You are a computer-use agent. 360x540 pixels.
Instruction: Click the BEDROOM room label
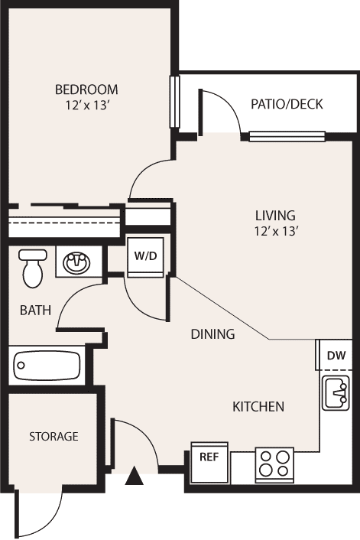click(x=86, y=89)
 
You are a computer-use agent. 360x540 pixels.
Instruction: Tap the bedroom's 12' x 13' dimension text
click(x=87, y=106)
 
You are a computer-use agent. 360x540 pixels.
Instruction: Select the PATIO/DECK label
click(x=287, y=104)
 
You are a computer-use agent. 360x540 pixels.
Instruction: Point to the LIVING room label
click(x=275, y=216)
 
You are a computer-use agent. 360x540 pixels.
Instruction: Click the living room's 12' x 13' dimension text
click(x=275, y=231)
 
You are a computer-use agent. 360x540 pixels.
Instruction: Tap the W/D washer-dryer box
click(x=145, y=257)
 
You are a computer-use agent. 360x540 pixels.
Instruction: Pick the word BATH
click(x=35, y=311)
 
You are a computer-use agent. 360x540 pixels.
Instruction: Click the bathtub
click(x=47, y=366)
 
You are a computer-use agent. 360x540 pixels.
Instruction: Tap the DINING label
click(x=212, y=334)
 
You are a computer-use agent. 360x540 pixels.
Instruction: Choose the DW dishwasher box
click(x=334, y=355)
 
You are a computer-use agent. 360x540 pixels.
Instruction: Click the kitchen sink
click(x=336, y=392)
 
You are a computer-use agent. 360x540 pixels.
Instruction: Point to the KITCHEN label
click(x=258, y=407)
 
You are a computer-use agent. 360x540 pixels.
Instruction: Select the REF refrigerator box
click(x=209, y=463)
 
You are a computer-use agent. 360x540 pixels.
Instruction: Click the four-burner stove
click(x=274, y=464)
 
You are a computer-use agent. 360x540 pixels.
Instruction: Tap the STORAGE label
click(x=54, y=437)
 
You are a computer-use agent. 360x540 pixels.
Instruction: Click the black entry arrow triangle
click(x=134, y=476)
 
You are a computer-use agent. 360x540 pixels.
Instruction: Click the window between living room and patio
click(x=287, y=136)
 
